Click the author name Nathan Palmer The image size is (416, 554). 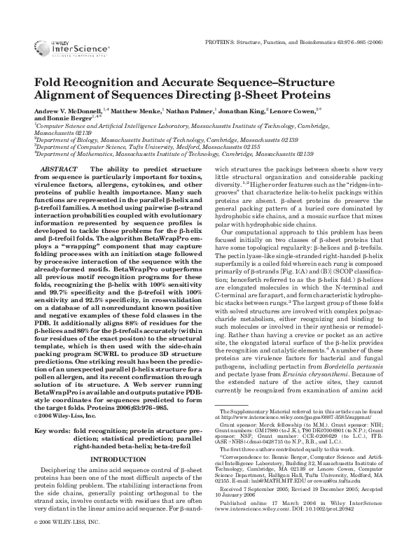[x=190, y=111]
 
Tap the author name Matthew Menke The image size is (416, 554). [x=137, y=111]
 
